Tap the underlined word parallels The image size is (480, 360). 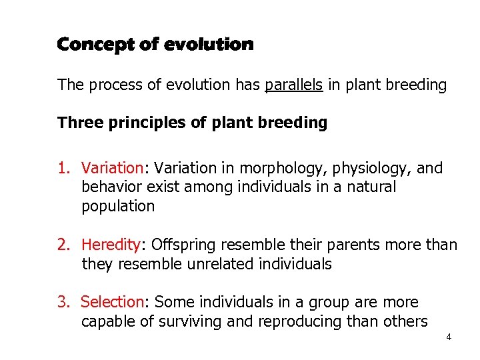(x=294, y=85)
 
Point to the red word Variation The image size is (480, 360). (x=112, y=168)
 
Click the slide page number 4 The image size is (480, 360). (x=449, y=337)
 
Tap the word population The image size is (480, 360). (x=118, y=207)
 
